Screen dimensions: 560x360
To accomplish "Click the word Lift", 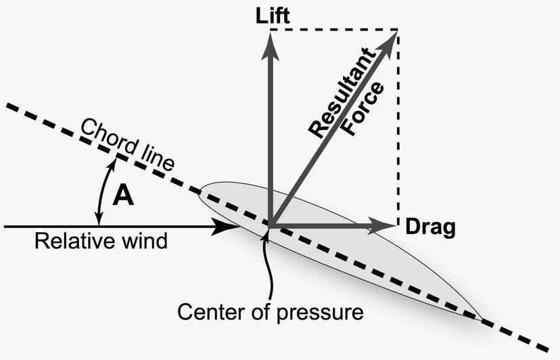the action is point(273,16).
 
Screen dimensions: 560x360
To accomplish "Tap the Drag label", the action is point(430,227).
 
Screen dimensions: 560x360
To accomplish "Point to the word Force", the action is point(363,109).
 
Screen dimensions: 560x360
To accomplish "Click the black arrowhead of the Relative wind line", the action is point(225,227).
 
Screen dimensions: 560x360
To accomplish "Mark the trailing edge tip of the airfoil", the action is point(481,318).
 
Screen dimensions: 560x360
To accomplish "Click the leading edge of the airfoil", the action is point(200,190).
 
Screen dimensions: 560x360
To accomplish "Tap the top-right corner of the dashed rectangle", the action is point(398,30).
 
